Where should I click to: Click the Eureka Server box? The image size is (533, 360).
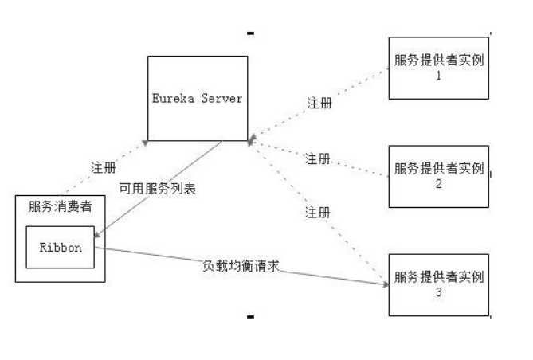coord(196,99)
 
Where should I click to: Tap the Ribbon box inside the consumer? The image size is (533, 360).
coord(61,247)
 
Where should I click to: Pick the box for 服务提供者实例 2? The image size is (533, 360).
coord(438,176)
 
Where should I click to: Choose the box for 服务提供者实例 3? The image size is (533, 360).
coord(438,284)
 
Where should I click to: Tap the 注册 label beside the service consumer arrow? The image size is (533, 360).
coord(103,168)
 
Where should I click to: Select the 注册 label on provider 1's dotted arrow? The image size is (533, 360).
coord(319,103)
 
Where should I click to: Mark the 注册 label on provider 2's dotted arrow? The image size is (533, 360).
coord(318,158)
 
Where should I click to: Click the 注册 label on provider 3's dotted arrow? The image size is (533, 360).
coord(318,213)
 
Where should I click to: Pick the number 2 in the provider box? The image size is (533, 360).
coord(438,184)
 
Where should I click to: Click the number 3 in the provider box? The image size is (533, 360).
coord(438,292)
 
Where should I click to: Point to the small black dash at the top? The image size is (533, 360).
coord(250,33)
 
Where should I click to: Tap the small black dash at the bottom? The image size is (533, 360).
coord(250,317)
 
